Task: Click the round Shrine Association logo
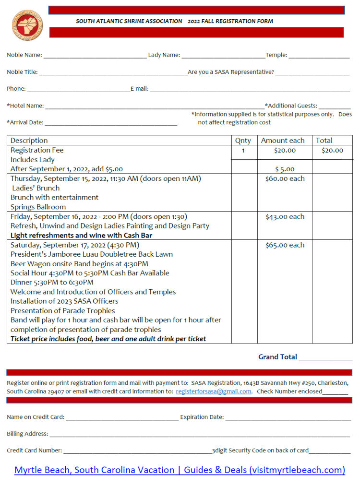coord(27,24)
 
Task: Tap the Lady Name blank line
coord(223,56)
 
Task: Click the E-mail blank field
coord(250,90)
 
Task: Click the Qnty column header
coord(243,141)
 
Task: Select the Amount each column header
coord(283,141)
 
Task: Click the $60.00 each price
coord(285,178)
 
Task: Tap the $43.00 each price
coord(285,216)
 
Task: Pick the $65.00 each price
coord(285,245)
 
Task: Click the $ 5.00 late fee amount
coord(285,169)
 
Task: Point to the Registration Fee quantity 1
coord(243,151)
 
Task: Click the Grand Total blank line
coord(325,358)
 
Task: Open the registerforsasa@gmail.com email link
coord(214,391)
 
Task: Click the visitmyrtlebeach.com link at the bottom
coord(180,470)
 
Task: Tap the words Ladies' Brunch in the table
coord(36,188)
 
